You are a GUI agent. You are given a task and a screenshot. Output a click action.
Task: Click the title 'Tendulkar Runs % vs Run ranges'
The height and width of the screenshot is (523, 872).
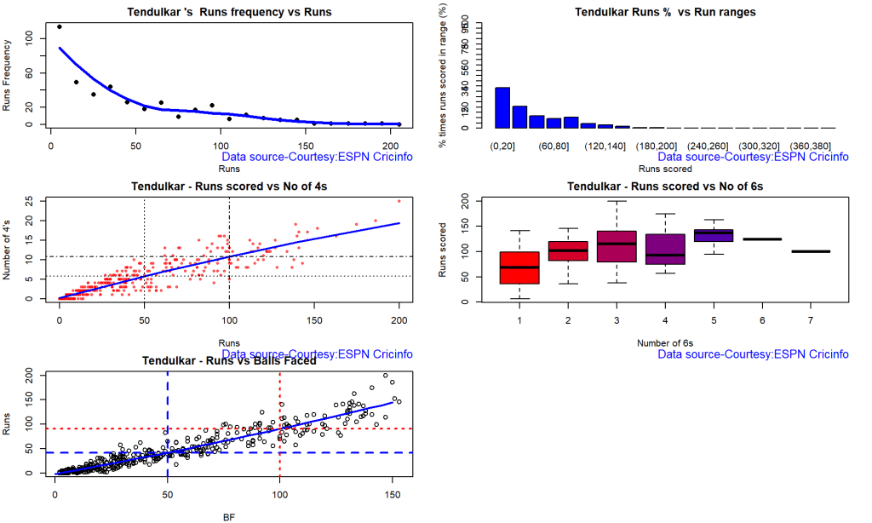[653, 12]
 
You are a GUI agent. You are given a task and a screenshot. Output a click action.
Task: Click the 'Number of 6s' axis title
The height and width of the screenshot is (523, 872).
[663, 343]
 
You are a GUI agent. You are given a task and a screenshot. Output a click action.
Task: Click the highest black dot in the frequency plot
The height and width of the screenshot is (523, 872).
[59, 26]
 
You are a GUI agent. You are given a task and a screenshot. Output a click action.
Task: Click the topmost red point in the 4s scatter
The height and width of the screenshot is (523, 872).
[399, 201]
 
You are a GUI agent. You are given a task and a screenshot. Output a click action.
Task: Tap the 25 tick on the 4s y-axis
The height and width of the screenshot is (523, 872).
[31, 201]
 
